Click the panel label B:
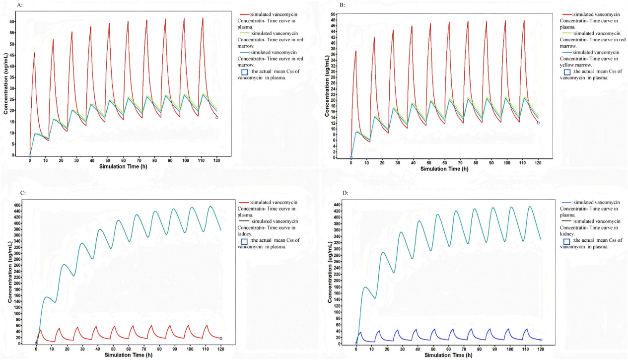pyautogui.click(x=342, y=5)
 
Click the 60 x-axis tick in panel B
pyautogui.click(x=444, y=162)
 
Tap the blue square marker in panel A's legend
pyautogui.click(x=244, y=72)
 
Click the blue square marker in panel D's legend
pyautogui.click(x=566, y=241)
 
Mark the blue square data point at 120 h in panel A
pyautogui.click(x=217, y=117)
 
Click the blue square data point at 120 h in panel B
pyautogui.click(x=538, y=123)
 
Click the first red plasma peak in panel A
pyautogui.click(x=34, y=53)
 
